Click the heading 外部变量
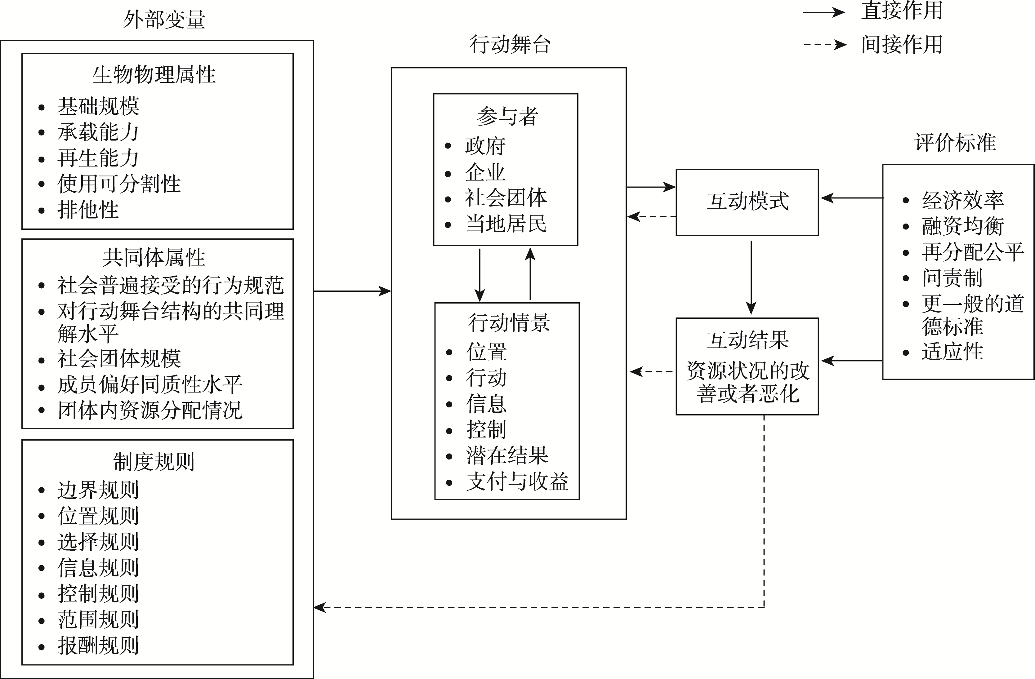click(164, 20)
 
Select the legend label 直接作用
click(902, 11)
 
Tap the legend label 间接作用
click(902, 44)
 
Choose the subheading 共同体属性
click(154, 257)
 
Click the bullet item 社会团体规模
click(119, 359)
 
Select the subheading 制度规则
click(154, 462)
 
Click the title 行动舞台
click(510, 45)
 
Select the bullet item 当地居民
click(506, 224)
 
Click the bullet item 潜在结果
click(507, 455)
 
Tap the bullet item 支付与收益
click(517, 482)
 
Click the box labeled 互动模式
click(747, 202)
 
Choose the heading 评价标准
click(955, 143)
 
